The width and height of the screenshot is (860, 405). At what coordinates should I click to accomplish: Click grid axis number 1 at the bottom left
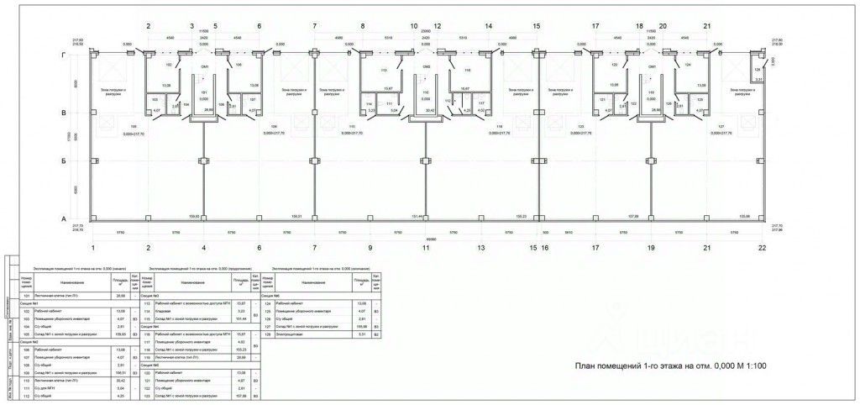coord(95,248)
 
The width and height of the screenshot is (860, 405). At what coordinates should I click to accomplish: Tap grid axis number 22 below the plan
coord(763,248)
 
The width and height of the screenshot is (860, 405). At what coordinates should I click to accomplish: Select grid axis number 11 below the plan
coord(426,248)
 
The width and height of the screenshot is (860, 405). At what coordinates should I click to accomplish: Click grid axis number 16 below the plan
coord(545,248)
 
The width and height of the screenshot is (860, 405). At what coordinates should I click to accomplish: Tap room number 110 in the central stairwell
coord(426,92)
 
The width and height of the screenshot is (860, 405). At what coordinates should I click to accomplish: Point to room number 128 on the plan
coord(757,70)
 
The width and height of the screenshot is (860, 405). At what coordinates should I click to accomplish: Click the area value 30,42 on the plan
coord(430,109)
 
